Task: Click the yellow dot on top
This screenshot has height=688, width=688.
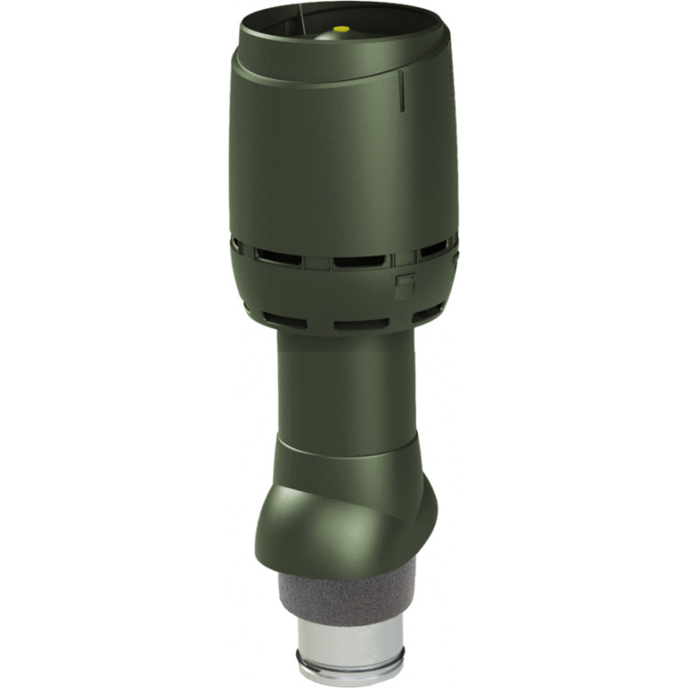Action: [341, 29]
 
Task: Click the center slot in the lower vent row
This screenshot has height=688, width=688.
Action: [361, 325]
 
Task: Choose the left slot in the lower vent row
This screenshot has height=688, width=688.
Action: [284, 320]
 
